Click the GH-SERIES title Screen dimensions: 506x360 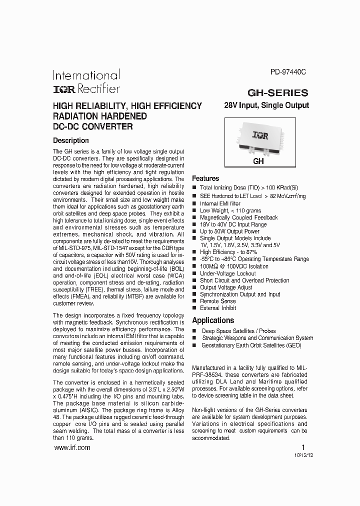pyautogui.click(x=278, y=92)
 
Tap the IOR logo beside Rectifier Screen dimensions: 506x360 pyautogui.click(x=64, y=89)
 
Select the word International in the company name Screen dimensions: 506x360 pyautogui.click(x=86, y=75)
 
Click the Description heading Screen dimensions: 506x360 pyautogui.click(x=70, y=140)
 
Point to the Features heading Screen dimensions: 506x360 pyautogui.click(x=205, y=178)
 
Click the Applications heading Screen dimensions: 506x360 pyautogui.click(x=213, y=320)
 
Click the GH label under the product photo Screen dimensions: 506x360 pyautogui.click(x=258, y=162)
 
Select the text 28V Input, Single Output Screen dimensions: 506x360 pyautogui.click(x=266, y=105)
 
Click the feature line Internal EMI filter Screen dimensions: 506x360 pyautogui.click(x=220, y=203)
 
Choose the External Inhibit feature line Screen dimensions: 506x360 pyautogui.click(x=218, y=308)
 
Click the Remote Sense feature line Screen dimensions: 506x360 pyautogui.click(x=218, y=301)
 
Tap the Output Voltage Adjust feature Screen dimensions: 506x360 pyautogui.click(x=226, y=287)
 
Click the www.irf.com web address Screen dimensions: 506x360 pyautogui.click(x=71, y=448)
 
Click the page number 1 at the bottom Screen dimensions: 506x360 pyautogui.click(x=303, y=447)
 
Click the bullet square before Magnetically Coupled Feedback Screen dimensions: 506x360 pyautogui.click(x=194, y=217)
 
